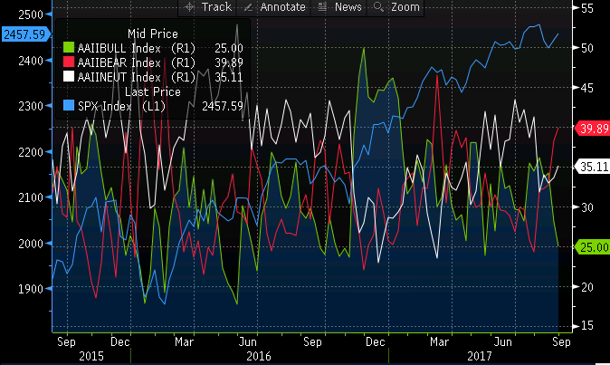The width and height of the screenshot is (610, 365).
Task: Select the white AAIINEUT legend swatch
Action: tap(69, 78)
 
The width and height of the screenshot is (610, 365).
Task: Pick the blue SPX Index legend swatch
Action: tap(69, 106)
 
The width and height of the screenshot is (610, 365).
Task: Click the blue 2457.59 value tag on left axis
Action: tap(24, 34)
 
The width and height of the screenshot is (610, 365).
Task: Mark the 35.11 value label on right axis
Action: tap(589, 168)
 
